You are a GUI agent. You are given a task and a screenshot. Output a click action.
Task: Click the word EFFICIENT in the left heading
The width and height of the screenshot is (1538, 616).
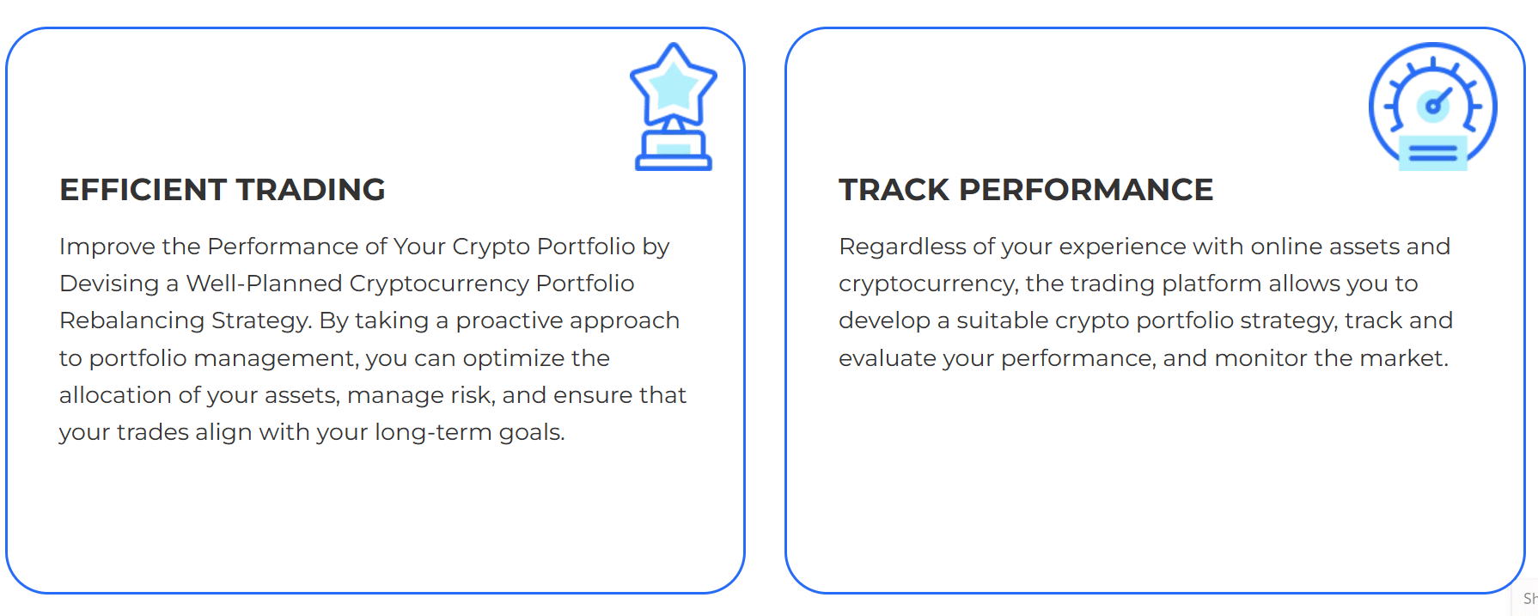point(143,190)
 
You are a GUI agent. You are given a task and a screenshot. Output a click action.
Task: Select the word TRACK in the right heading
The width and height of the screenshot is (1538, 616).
point(894,190)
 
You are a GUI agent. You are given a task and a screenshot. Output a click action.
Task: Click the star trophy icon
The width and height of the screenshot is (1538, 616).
point(674,107)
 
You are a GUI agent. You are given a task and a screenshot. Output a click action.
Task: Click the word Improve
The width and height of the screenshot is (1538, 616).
point(107,247)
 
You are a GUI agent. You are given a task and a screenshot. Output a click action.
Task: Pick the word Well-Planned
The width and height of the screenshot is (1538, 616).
point(263,284)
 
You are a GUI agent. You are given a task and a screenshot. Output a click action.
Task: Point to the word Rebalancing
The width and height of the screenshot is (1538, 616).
point(131,321)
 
